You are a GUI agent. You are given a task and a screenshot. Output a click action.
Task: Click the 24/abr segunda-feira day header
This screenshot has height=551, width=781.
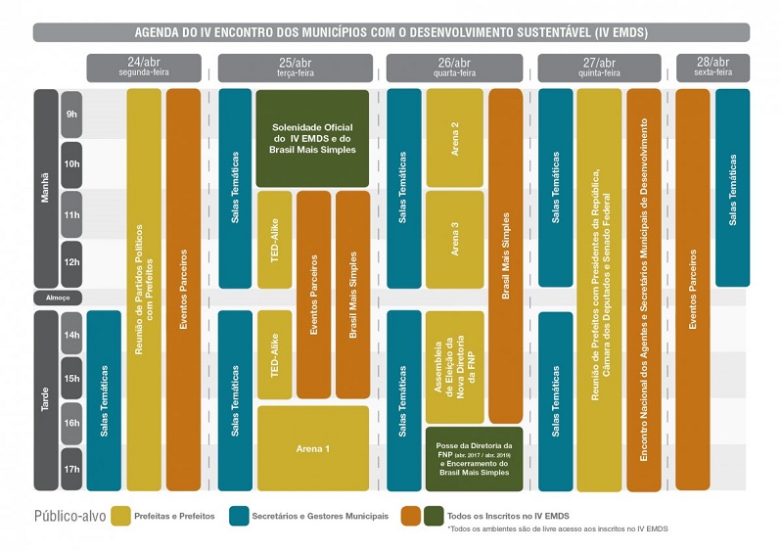[144, 67]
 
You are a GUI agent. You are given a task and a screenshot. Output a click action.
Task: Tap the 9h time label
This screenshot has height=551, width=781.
[71, 114]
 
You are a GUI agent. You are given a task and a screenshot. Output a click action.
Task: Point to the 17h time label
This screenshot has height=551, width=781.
[71, 469]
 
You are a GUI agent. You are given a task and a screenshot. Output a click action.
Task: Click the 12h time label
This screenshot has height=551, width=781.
[71, 263]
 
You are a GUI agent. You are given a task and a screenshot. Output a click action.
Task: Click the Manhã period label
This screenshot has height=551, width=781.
[45, 188]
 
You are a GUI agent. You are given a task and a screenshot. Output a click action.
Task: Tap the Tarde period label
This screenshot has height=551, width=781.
[45, 399]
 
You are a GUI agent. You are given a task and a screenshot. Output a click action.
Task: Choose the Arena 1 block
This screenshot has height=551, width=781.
[312, 448]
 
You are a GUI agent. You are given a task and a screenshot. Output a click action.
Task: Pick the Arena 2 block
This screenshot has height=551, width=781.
[454, 137]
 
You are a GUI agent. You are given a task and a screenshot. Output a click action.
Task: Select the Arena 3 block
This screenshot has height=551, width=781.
[454, 240]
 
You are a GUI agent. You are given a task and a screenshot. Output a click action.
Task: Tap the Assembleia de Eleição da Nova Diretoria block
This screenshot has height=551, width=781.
[454, 366]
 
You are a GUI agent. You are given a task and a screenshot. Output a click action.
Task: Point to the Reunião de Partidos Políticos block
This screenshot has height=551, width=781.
[144, 289]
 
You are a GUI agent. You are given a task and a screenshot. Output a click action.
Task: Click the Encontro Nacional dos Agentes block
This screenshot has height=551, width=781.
[643, 289]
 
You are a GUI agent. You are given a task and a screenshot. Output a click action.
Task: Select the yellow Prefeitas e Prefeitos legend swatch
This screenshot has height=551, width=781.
[121, 516]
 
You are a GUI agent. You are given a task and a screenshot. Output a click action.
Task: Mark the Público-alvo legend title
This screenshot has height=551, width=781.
[69, 516]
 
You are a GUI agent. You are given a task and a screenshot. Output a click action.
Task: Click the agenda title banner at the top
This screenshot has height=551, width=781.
[390, 32]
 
